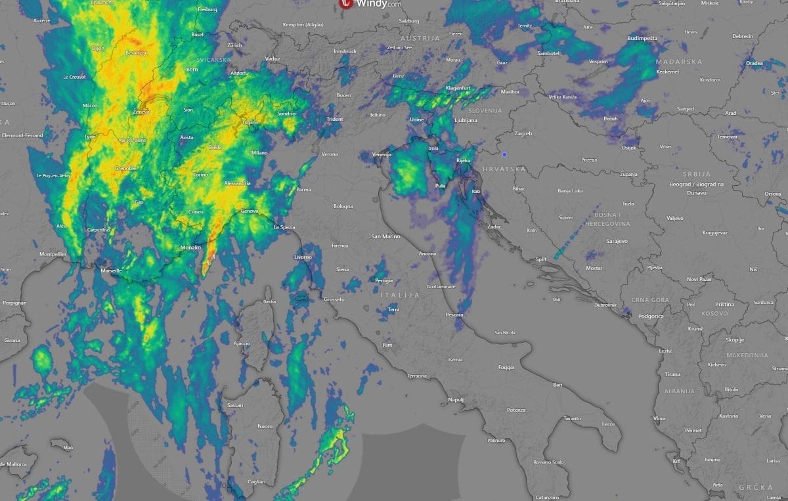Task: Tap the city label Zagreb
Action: tap(523, 133)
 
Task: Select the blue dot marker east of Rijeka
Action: tap(504, 154)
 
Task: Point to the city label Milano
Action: tap(259, 152)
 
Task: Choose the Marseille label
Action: tap(111, 271)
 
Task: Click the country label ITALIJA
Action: tap(399, 295)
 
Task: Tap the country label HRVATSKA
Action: tap(504, 169)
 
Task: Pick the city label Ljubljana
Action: tap(465, 120)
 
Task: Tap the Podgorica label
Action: tap(650, 316)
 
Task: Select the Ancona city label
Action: tap(427, 253)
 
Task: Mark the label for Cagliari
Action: tap(256, 481)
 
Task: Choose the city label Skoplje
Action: tap(734, 339)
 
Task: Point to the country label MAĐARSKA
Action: tap(679, 62)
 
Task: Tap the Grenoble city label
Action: tap(125, 169)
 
